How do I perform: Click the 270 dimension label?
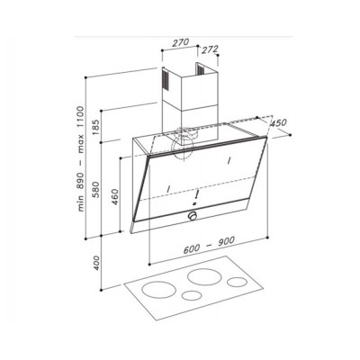click(181, 42)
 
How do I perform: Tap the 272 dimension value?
click(210, 49)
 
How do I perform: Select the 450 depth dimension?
click(278, 123)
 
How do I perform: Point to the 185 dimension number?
click(97, 127)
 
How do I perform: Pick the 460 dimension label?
click(116, 197)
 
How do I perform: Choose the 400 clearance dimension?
click(97, 263)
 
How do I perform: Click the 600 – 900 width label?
click(209, 246)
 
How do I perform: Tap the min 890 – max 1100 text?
click(81, 159)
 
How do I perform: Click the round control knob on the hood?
click(193, 216)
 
